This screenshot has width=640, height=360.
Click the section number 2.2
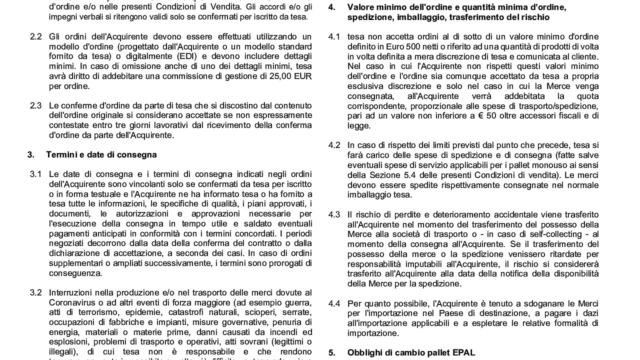pyautogui.click(x=35, y=36)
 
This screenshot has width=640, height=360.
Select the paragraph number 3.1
pyautogui.click(x=35, y=174)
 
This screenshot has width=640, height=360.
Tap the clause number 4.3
pyautogui.click(x=334, y=214)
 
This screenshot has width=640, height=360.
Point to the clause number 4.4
pyautogui.click(x=334, y=303)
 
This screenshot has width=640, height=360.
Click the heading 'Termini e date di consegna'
pyautogui.click(x=101, y=154)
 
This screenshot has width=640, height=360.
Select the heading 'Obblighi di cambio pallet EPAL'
pyautogui.click(x=411, y=352)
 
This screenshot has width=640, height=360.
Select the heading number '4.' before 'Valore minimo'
pyautogui.click(x=332, y=7)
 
